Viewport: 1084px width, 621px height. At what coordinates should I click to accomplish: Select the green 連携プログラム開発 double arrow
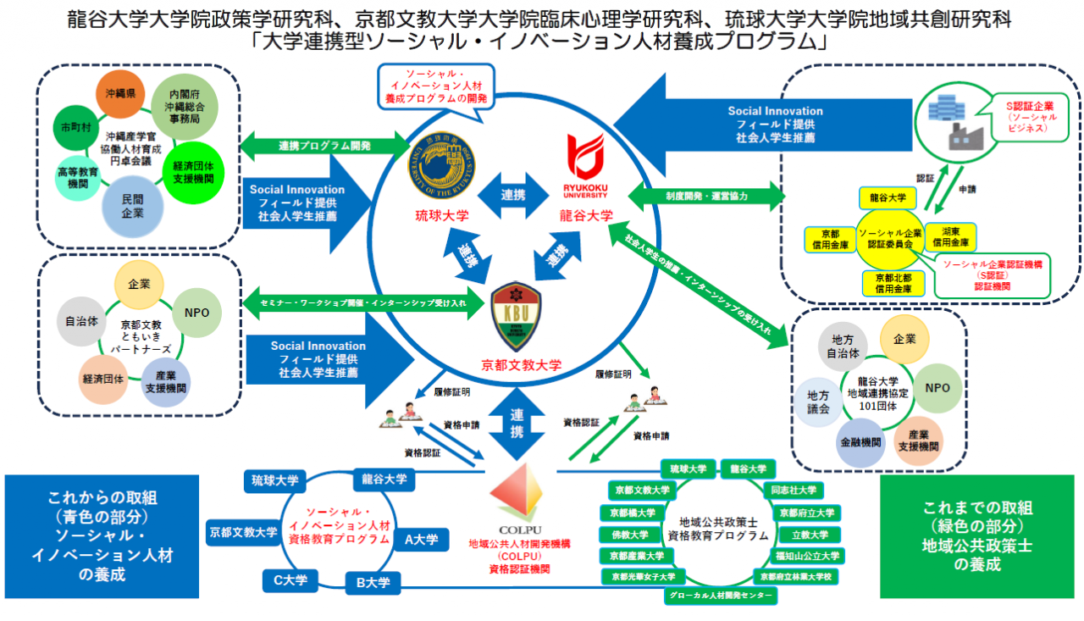[325, 146]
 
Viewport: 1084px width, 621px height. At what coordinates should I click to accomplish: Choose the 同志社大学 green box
[794, 490]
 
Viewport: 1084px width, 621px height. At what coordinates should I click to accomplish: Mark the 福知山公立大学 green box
[805, 556]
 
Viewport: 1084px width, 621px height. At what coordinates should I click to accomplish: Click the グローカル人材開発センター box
[720, 596]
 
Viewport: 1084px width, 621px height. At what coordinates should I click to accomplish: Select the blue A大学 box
[421, 539]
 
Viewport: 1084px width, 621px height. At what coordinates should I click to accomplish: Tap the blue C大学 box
[290, 580]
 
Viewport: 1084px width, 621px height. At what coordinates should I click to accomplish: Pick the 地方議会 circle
[818, 402]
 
